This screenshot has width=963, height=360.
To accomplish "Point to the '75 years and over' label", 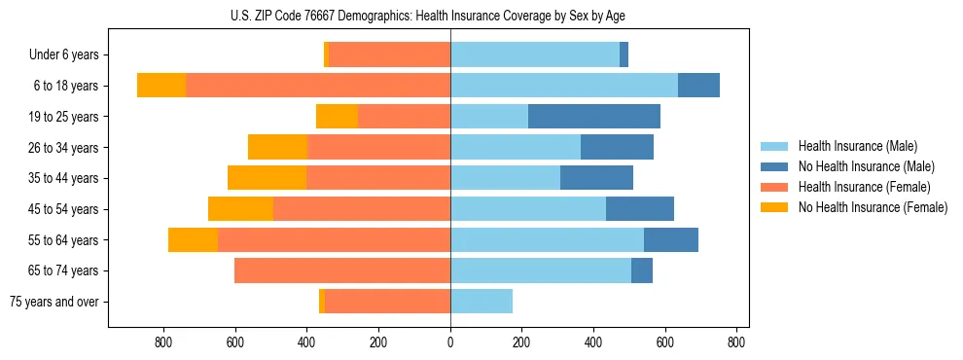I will pyautogui.click(x=53, y=302).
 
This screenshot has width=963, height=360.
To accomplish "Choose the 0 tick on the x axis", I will pyautogui.click(x=450, y=342).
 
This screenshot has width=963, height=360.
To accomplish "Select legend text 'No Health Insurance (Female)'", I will pyautogui.click(x=873, y=207).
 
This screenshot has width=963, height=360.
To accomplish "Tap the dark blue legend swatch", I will pyautogui.click(x=775, y=166).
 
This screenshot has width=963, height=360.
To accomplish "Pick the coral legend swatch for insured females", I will pyautogui.click(x=775, y=187).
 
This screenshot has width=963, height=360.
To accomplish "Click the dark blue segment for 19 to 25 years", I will pyautogui.click(x=594, y=117).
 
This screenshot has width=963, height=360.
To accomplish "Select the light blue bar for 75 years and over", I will pyautogui.click(x=481, y=302).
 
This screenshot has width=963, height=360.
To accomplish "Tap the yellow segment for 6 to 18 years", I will pyautogui.click(x=161, y=86).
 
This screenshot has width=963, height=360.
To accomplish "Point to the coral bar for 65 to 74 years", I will pyautogui.click(x=342, y=270).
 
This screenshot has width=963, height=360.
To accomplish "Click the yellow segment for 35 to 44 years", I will pyautogui.click(x=267, y=178).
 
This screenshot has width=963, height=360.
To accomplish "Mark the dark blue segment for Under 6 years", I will pyautogui.click(x=624, y=54).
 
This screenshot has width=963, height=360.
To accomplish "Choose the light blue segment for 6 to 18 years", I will pyautogui.click(x=564, y=86).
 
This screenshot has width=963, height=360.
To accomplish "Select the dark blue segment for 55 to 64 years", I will pyautogui.click(x=671, y=239).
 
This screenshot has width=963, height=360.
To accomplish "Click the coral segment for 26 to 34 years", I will pyautogui.click(x=378, y=147).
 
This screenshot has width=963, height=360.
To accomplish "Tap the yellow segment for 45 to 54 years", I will pyautogui.click(x=240, y=209).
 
